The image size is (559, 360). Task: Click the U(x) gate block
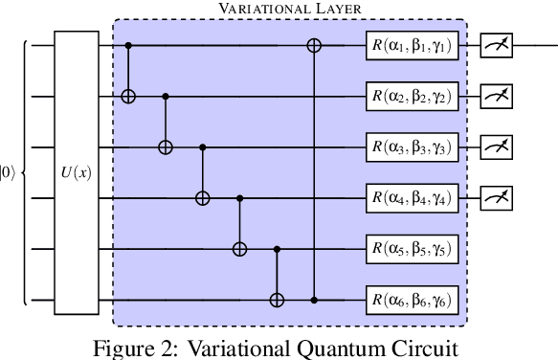pos(77,172)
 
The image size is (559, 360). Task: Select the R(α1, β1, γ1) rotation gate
pos(413,44)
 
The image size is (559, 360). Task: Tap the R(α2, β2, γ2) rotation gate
pos(413,96)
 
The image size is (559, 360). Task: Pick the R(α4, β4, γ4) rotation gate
pos(413,198)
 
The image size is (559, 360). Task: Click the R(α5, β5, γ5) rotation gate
pos(413,249)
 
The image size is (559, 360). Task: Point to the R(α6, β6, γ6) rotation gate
pos(413,301)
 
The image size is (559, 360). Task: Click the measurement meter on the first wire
pos(497,44)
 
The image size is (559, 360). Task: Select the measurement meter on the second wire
pos(497,96)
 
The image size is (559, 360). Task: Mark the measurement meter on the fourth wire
pos(497,198)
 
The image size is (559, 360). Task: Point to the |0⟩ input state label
pos(7,173)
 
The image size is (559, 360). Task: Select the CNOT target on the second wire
pos(129,96)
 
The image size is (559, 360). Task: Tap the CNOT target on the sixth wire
pos(277,301)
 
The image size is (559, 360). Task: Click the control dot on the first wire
pos(129,44)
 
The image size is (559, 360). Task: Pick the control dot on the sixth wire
pos(314,301)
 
